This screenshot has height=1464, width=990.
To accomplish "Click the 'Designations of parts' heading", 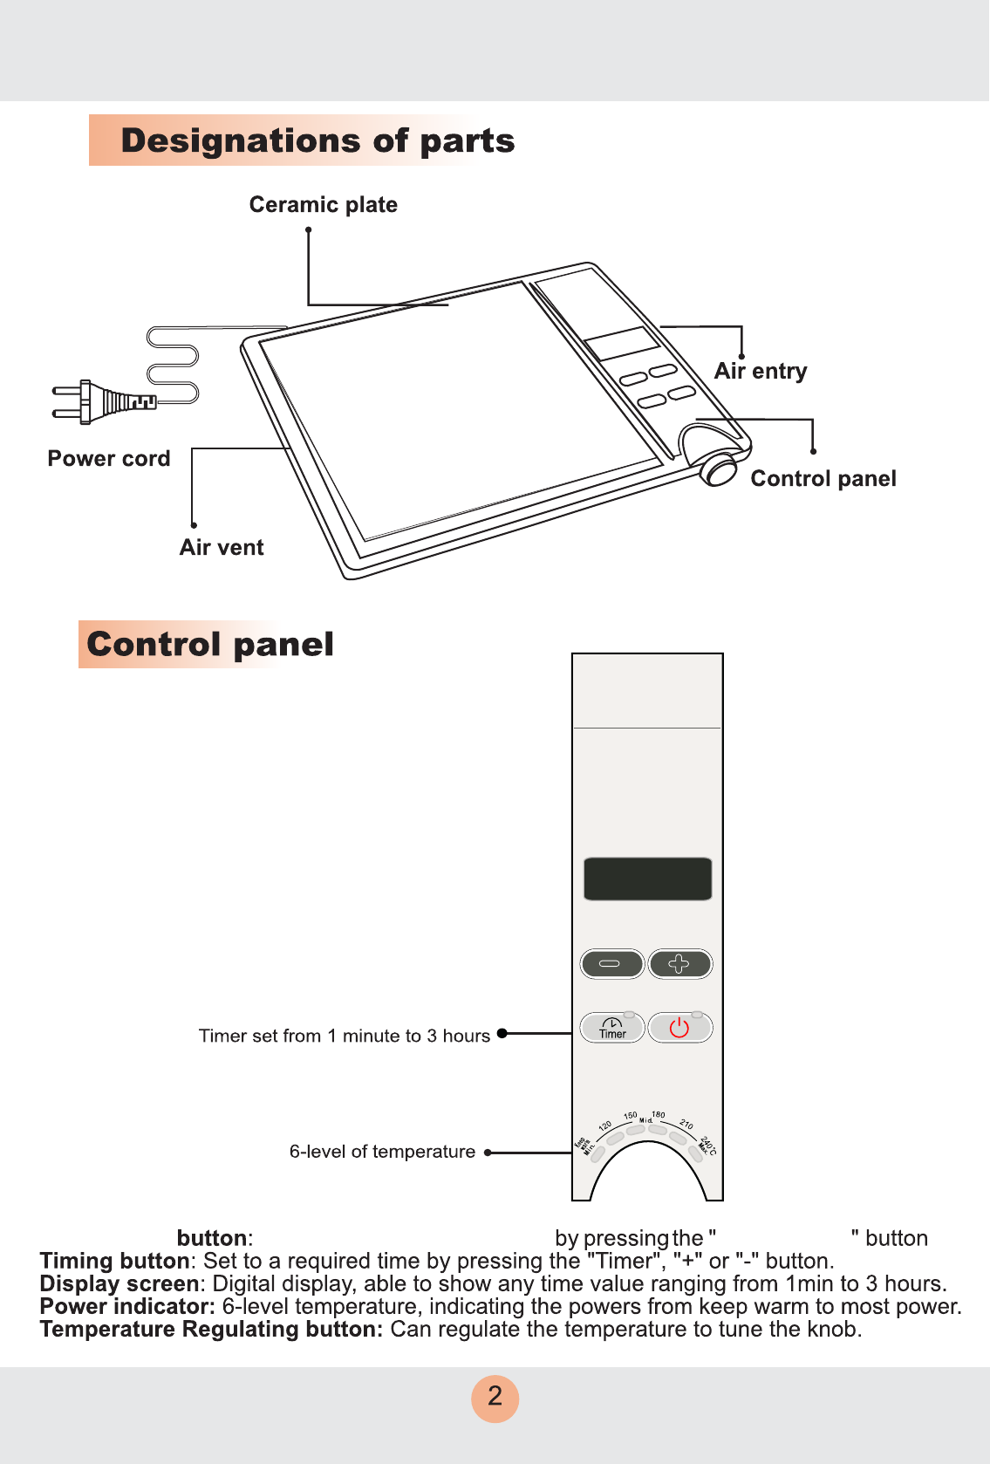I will pyautogui.click(x=317, y=141).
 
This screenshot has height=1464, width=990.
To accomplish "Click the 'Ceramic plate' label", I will pyautogui.click(x=323, y=205).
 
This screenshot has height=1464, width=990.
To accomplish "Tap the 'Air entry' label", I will pyautogui.click(x=761, y=372).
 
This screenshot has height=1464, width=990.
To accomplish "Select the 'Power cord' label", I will pyautogui.click(x=109, y=459).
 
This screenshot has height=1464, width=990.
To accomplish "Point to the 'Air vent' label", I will pyautogui.click(x=222, y=548).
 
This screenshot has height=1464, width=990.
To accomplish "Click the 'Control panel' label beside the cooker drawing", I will pyautogui.click(x=823, y=479).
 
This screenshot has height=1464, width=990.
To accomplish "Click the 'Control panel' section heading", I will pyautogui.click(x=210, y=645).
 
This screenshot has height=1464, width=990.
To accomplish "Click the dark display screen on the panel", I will pyautogui.click(x=647, y=879).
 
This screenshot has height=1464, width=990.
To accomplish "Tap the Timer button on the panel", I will pyautogui.click(x=612, y=1028).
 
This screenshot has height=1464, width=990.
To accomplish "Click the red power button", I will pyautogui.click(x=679, y=1028).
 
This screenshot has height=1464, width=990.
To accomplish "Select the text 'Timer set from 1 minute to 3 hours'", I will pyautogui.click(x=345, y=1036).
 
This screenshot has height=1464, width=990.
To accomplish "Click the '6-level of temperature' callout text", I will pyautogui.click(x=382, y=1152).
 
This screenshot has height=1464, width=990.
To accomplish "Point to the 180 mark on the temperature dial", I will pyautogui.click(x=659, y=1115).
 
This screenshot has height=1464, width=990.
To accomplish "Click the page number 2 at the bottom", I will pyautogui.click(x=495, y=1397).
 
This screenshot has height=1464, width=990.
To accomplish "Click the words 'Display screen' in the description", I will pyautogui.click(x=119, y=1284).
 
